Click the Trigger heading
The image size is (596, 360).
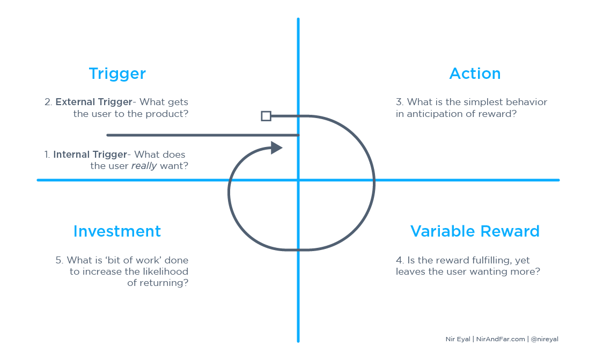[x=117, y=74]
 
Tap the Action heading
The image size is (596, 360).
[x=475, y=74]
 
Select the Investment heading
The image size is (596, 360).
[x=117, y=231]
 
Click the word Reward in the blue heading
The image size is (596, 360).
[x=510, y=231]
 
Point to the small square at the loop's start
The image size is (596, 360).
[x=266, y=116]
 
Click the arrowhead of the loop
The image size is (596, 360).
[x=276, y=148]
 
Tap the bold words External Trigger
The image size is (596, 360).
[x=94, y=102]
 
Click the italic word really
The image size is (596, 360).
[x=144, y=166]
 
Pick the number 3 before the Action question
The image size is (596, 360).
[x=399, y=102]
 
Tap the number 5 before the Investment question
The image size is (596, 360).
[x=59, y=260]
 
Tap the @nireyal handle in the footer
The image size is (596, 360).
[x=545, y=339]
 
